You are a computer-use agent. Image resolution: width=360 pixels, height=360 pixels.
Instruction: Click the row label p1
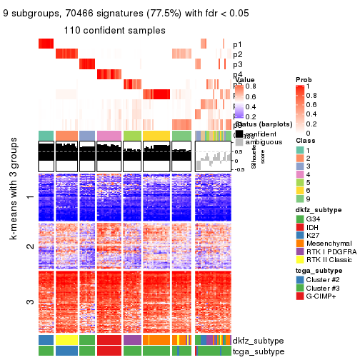[237, 44]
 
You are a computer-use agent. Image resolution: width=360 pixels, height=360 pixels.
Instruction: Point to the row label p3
[237, 64]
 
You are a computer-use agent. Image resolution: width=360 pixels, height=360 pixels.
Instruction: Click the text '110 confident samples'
[114, 31]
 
